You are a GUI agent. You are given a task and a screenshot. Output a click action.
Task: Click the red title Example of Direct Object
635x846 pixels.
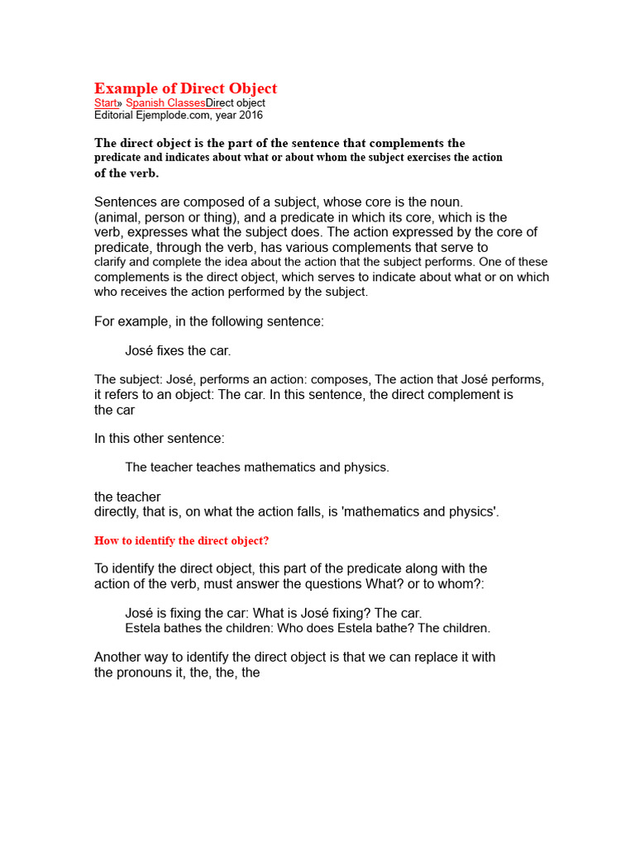point(185,88)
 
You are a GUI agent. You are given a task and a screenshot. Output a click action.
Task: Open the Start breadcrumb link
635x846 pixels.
point(106,103)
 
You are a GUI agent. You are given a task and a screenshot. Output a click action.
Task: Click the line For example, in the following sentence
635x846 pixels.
point(209,321)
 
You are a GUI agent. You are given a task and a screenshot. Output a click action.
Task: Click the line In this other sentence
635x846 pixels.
point(160,438)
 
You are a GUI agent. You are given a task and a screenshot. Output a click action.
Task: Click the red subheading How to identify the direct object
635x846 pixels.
point(181,541)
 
